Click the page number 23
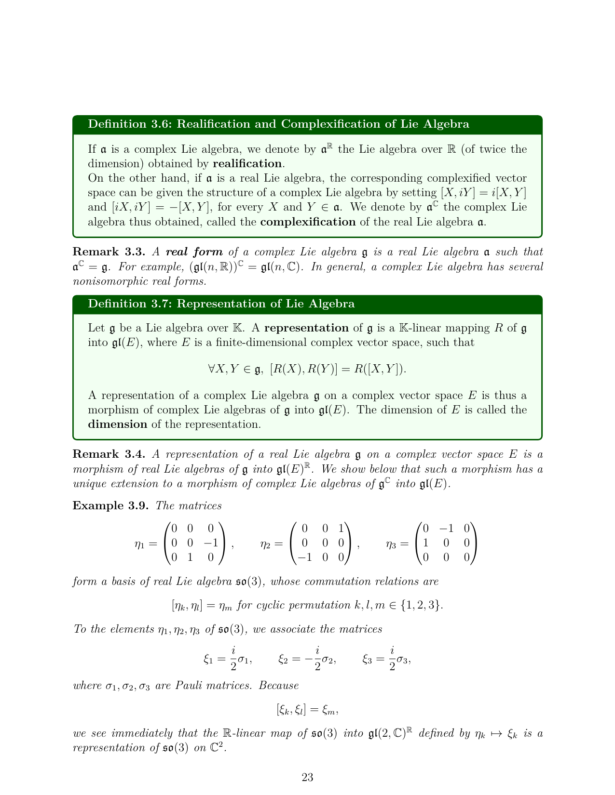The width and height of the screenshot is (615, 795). pos(307,777)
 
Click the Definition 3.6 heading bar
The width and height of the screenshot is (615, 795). pos(278,124)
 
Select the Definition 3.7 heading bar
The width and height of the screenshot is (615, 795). pos(221,304)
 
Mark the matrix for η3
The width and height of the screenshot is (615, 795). pos(446,543)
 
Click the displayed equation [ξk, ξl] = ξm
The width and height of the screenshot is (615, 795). pos(307,710)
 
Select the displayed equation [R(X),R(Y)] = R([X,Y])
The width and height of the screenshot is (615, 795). pos(307,369)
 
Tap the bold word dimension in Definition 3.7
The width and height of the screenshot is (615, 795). pos(118,424)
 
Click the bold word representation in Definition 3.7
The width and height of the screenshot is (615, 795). pos(306,328)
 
